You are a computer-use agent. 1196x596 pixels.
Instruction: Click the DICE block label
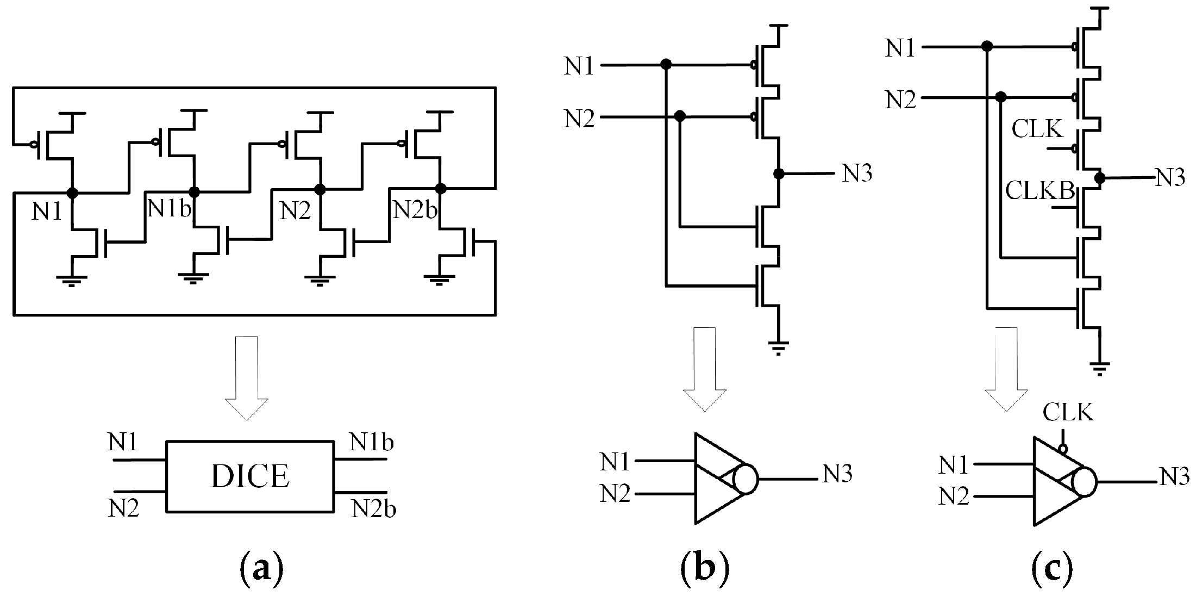tap(250, 476)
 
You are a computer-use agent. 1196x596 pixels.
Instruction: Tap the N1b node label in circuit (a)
tap(169, 209)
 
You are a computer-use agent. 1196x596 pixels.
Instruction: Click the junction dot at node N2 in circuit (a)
tap(320, 189)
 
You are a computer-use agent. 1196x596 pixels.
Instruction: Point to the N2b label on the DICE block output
tap(373, 508)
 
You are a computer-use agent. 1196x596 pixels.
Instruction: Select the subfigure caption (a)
tap(261, 568)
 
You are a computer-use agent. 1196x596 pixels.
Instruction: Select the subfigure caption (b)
tap(704, 568)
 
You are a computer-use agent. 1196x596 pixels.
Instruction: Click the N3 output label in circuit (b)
tap(857, 173)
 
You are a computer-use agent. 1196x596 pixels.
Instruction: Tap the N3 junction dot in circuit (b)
tap(779, 173)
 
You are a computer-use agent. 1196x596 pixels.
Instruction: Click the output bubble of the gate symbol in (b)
tap(745, 479)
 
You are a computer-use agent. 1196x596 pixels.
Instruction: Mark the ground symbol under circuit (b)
tap(778, 346)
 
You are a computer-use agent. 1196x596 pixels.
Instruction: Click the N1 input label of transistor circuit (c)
tap(900, 48)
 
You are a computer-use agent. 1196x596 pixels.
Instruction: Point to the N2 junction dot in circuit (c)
tap(1000, 97)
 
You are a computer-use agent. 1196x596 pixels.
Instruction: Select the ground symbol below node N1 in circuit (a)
tap(72, 280)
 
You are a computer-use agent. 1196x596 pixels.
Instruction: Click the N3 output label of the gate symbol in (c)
tap(1174, 477)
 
